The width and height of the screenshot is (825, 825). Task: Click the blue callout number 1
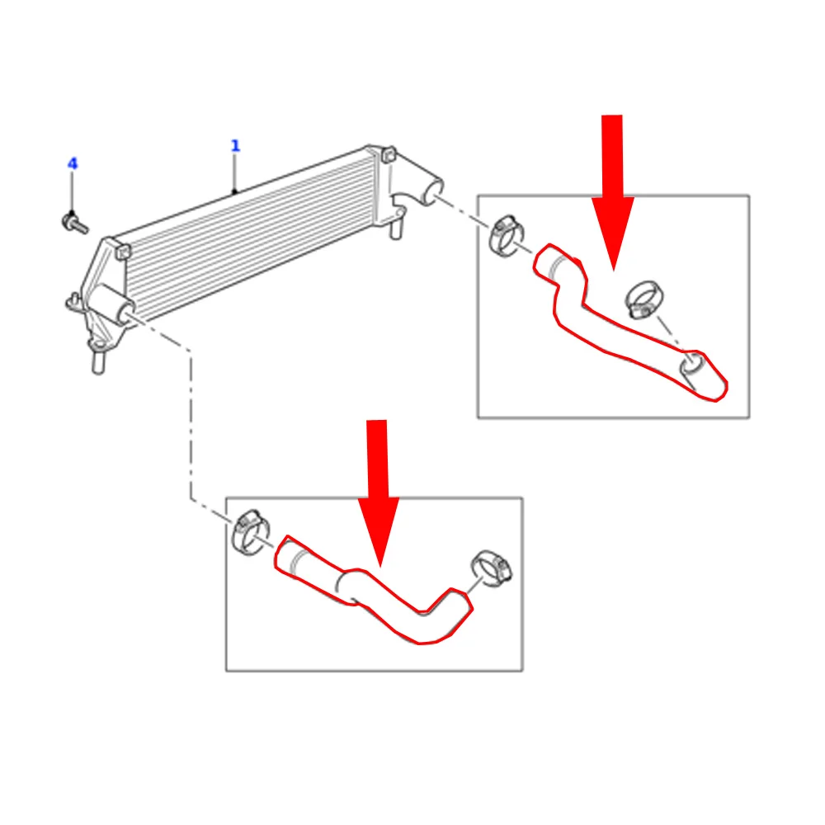tap(235, 146)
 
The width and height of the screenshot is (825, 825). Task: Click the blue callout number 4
tap(73, 164)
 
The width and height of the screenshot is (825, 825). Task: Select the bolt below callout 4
tap(73, 222)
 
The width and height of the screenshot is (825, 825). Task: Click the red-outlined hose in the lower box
tap(371, 589)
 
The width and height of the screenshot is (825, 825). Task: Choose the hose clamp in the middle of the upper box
tap(644, 299)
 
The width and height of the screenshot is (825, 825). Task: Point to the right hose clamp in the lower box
tap(489, 570)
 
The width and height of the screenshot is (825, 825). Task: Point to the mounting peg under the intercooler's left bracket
tap(98, 361)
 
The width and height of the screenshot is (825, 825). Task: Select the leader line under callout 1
tap(235, 173)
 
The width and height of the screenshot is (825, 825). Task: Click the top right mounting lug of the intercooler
tap(389, 153)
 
